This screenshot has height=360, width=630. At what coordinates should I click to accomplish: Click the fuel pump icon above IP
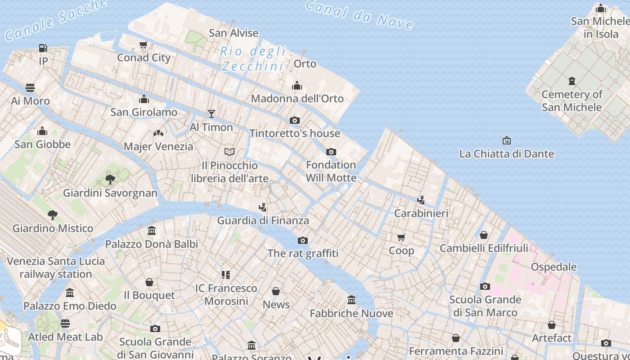pyautogui.click(x=43, y=48)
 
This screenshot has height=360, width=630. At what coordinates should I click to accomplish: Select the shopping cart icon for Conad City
pyautogui.click(x=144, y=45)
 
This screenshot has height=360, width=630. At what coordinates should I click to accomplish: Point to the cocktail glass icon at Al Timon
pyautogui.click(x=211, y=114)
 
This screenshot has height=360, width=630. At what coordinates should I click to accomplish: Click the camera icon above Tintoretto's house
pyautogui.click(x=295, y=120)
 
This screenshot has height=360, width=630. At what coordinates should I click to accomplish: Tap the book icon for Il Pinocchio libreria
pyautogui.click(x=229, y=152)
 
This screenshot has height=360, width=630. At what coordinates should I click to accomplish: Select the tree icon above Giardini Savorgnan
pyautogui.click(x=110, y=180)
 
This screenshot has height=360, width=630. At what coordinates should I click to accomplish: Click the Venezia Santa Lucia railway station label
pyautogui.click(x=56, y=267)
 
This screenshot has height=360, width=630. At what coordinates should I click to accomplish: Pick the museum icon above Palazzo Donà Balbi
pyautogui.click(x=152, y=231)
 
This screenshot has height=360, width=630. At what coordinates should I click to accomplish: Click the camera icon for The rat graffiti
pyautogui.click(x=303, y=240)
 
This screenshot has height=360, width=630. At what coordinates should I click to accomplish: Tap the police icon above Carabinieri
pyautogui.click(x=421, y=200)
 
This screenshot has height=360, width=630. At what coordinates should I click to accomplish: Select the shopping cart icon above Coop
pyautogui.click(x=401, y=237)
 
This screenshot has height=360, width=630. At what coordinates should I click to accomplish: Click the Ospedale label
pyautogui.click(x=553, y=267)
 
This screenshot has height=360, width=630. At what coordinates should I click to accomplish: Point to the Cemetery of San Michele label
pyautogui.click(x=571, y=101)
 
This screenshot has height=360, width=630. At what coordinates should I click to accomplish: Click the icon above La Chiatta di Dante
pyautogui.click(x=507, y=140)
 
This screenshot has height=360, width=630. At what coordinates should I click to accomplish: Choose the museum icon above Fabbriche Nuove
pyautogui.click(x=351, y=300)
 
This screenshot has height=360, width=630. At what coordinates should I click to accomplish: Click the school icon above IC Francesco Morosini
pyautogui.click(x=226, y=274)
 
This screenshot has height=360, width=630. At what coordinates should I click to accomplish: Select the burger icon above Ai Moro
pyautogui.click(x=30, y=87)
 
